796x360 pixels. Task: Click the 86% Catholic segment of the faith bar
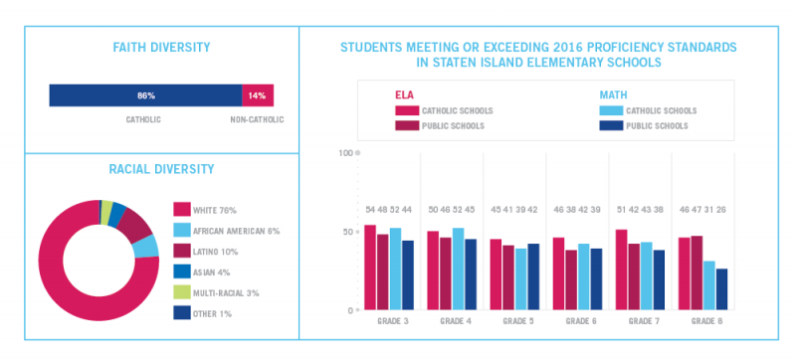pyautogui.click(x=145, y=95)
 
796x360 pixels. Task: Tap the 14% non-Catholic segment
pyautogui.click(x=257, y=95)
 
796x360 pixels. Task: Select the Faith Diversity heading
pyautogui.click(x=160, y=48)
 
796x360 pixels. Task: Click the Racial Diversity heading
pyautogui.click(x=160, y=170)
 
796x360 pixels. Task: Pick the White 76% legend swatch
pyautogui.click(x=181, y=210)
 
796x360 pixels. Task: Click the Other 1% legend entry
pyautogui.click(x=215, y=314)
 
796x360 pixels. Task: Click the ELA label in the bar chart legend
pyautogui.click(x=403, y=94)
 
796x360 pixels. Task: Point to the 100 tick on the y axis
pyautogui.click(x=346, y=153)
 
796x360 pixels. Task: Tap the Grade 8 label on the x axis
pyautogui.click(x=707, y=322)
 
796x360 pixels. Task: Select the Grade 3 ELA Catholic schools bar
pyautogui.click(x=370, y=268)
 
